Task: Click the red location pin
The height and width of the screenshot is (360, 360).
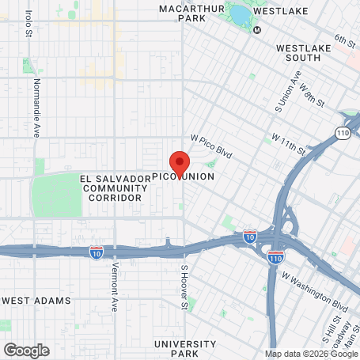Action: (x=180, y=163)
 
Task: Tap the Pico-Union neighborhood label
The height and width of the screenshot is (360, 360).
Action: (x=183, y=176)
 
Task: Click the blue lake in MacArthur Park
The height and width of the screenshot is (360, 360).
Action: (x=239, y=13)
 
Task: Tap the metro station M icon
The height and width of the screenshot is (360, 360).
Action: (x=256, y=30)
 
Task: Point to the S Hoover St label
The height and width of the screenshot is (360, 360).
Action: (x=184, y=279)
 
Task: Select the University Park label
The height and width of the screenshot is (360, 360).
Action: (x=185, y=348)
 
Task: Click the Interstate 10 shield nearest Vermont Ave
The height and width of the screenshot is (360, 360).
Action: (x=97, y=253)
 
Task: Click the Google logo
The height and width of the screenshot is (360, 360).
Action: (x=26, y=350)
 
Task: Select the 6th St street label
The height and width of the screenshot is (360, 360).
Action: (x=346, y=40)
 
